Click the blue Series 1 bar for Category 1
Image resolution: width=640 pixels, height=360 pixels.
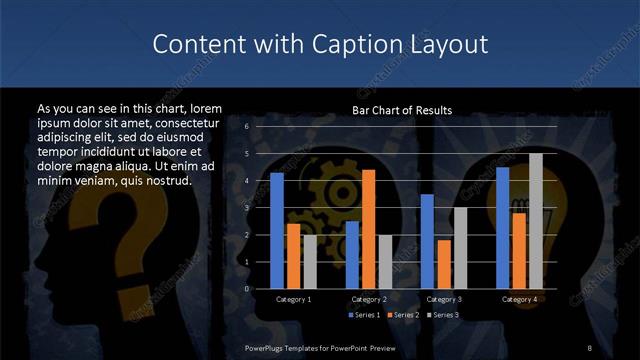[277, 231]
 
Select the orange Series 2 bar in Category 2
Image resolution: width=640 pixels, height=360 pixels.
[368, 229]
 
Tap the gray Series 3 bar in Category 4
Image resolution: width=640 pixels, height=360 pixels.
[535, 221]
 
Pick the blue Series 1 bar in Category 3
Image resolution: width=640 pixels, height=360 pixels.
[427, 241]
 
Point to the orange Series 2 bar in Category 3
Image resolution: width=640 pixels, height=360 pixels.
[443, 264]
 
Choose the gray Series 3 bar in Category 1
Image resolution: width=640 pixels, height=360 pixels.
[310, 262]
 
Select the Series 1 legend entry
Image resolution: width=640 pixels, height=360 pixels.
[362, 315]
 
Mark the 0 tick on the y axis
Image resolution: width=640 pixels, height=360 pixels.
[246, 289]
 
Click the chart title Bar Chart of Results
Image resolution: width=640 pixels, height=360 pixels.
[402, 110]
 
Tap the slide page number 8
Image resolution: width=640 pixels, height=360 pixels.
[590, 347]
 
